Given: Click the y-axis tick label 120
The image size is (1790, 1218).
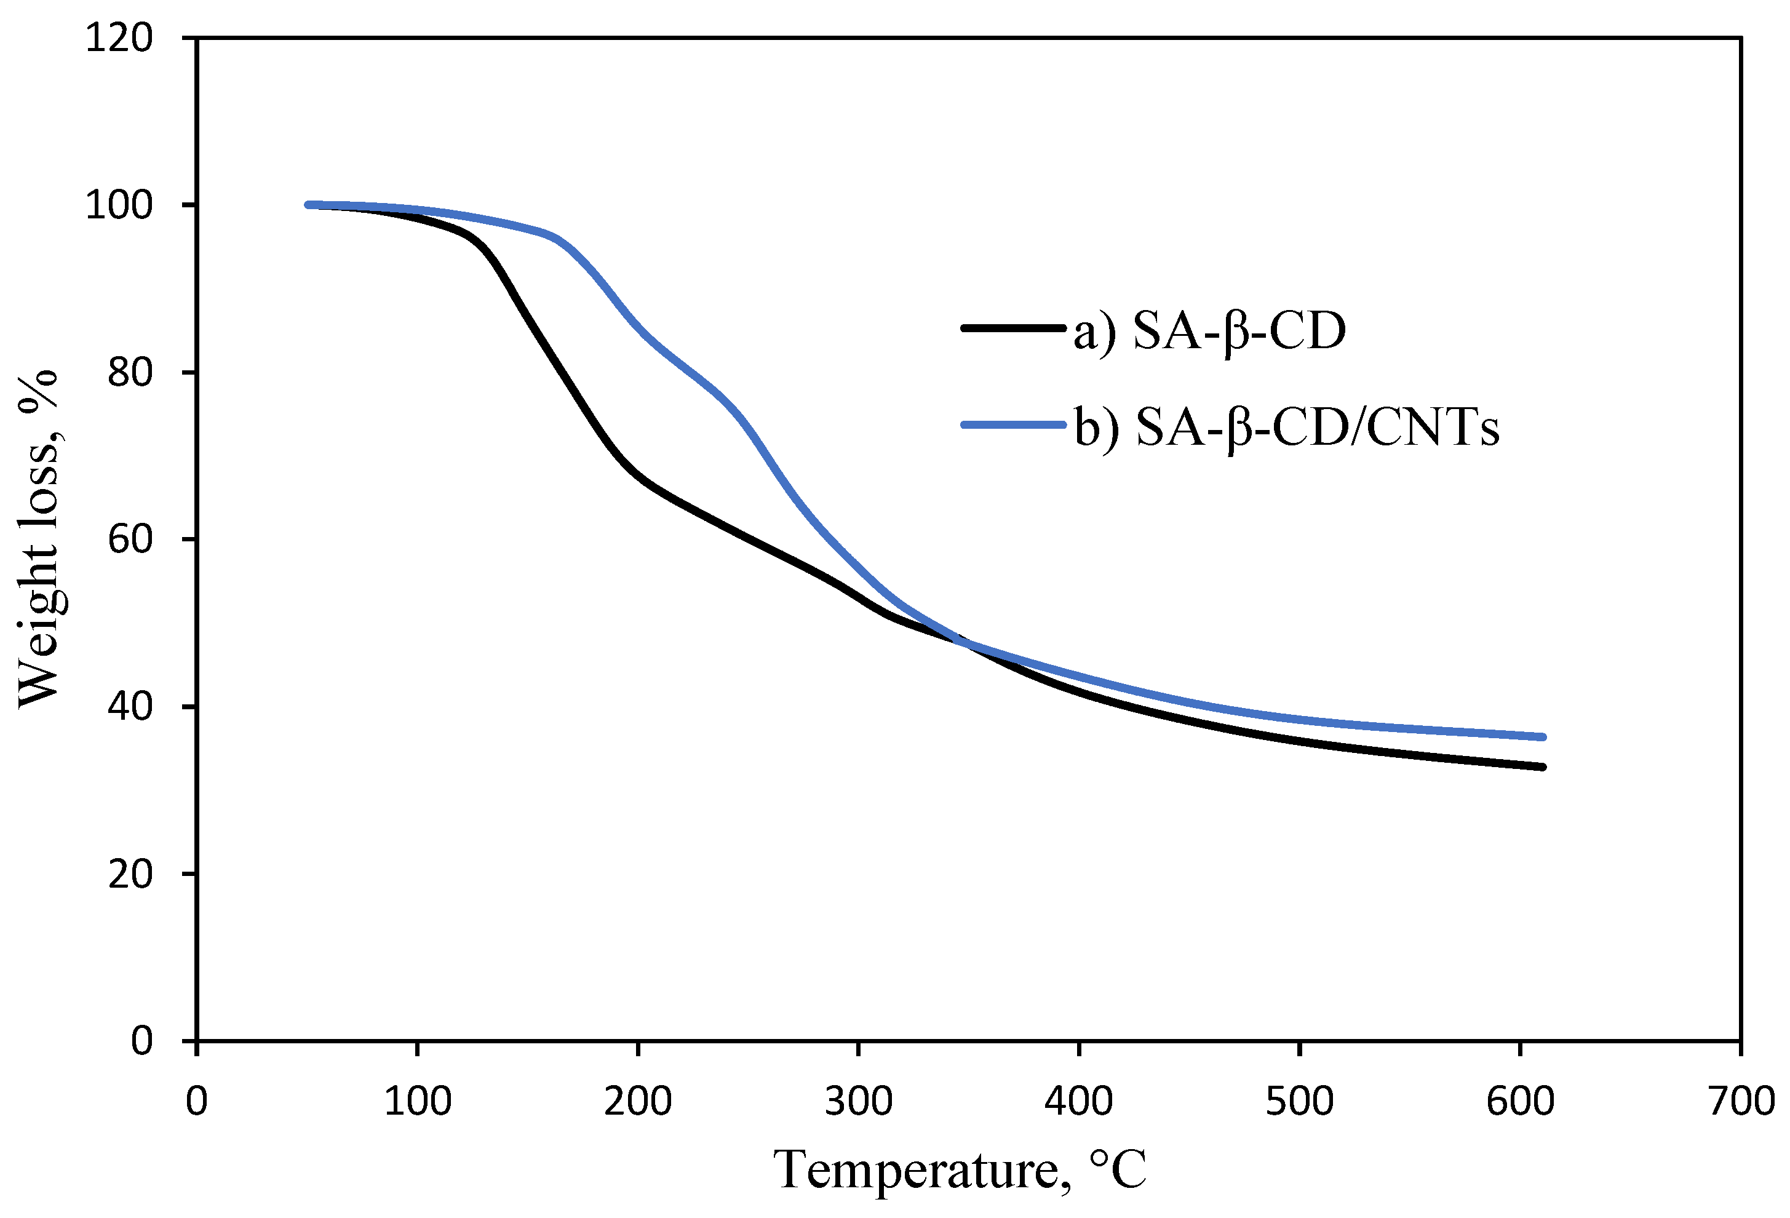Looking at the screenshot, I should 119,38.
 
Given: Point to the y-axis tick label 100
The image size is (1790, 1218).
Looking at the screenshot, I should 119,205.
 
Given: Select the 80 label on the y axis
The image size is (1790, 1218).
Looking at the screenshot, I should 130,373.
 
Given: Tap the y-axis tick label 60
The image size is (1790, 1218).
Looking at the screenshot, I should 130,539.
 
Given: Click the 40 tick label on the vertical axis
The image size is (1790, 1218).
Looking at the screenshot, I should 130,706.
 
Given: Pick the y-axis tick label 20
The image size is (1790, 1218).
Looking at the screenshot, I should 130,874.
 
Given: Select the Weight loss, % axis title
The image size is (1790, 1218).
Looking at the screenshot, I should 39,539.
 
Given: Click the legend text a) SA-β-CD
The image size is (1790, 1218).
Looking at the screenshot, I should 1209,332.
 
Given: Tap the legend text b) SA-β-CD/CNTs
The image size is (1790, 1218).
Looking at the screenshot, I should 1286,428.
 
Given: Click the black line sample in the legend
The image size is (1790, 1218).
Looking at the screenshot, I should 1013,328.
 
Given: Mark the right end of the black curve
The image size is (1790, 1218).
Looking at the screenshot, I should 1543,767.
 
